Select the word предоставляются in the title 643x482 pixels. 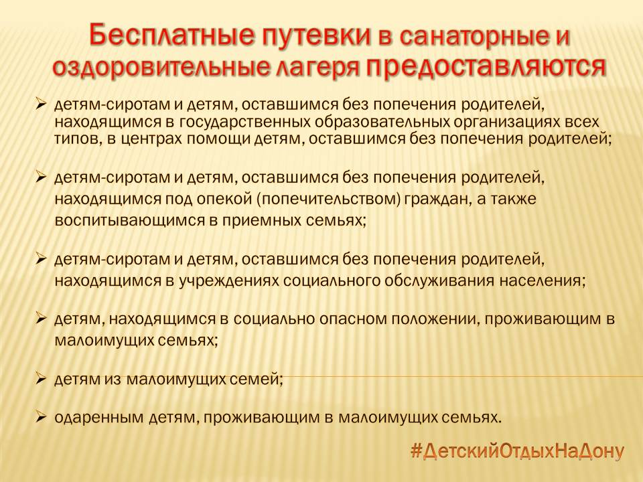click(486, 67)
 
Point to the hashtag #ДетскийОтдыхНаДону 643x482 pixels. click(518, 451)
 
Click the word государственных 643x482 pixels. click(246, 122)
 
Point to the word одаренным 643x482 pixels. click(99, 418)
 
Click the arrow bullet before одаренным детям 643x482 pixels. click(41, 416)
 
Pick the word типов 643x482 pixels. click(78, 139)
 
